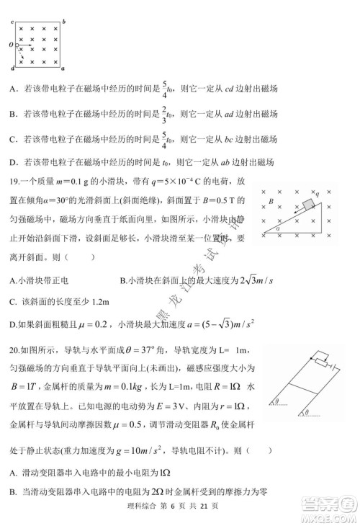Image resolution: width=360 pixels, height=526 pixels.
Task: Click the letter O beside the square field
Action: coord(10,45)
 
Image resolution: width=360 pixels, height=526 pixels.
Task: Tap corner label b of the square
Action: coord(65,22)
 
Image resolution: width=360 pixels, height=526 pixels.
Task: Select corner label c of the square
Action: coord(13,22)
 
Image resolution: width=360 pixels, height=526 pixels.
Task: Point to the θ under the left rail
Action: coord(277,400)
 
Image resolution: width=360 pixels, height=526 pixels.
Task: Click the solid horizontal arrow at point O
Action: coord(22,45)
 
